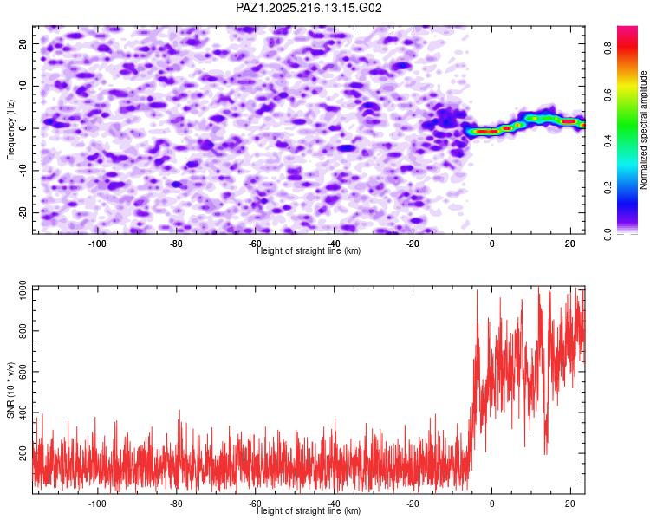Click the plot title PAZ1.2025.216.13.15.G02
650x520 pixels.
pyautogui.click(x=309, y=8)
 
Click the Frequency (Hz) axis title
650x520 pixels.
pyautogui.click(x=10, y=129)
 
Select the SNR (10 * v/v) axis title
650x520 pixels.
pyautogui.click(x=10, y=390)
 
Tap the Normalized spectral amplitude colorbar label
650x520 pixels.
pyautogui.click(x=643, y=130)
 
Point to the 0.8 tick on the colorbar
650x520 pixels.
pyautogui.click(x=608, y=49)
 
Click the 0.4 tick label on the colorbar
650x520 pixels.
pyautogui.click(x=608, y=141)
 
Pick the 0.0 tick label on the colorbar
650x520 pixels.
pyautogui.click(x=608, y=235)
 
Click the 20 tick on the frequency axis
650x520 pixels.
pyautogui.click(x=23, y=44)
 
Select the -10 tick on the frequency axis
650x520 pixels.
pyautogui.click(x=23, y=171)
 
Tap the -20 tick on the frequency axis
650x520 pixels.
pyautogui.click(x=23, y=212)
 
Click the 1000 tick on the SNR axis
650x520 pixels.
pyautogui.click(x=23, y=290)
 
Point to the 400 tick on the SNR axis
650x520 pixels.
pyautogui.click(x=23, y=413)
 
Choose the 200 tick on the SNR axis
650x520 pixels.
pyautogui.click(x=23, y=453)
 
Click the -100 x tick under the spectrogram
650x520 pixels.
pyautogui.click(x=97, y=244)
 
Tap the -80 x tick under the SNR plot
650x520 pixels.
pyautogui.click(x=176, y=504)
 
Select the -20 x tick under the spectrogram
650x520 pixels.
pyautogui.click(x=413, y=244)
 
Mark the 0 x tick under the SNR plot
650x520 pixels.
pyautogui.click(x=492, y=504)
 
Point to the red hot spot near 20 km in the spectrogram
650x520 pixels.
pyautogui.click(x=569, y=122)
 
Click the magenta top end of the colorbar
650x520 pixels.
pyautogui.click(x=627, y=29)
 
